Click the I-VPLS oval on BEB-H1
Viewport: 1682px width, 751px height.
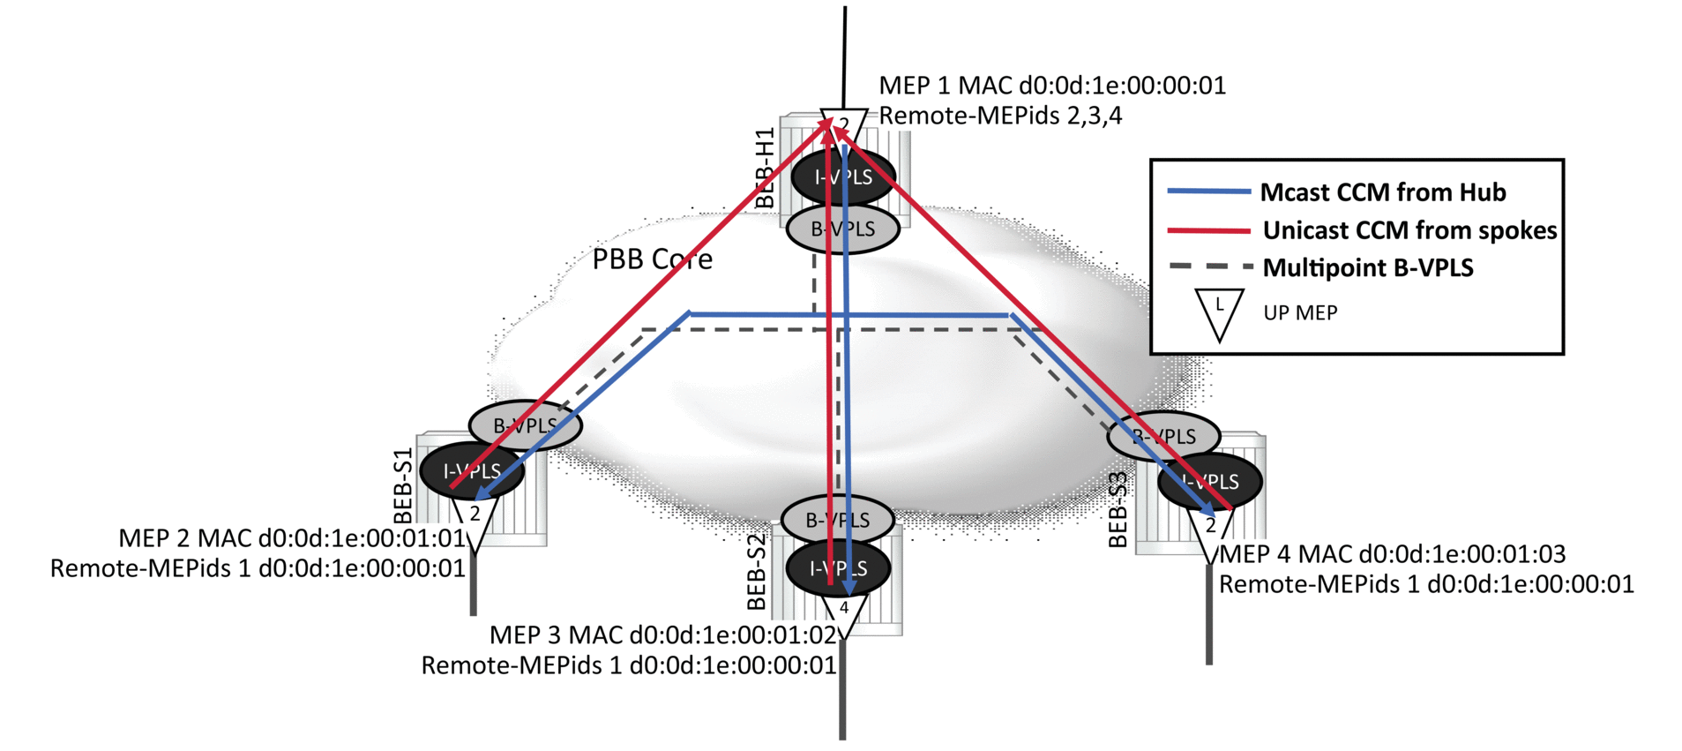[843, 176]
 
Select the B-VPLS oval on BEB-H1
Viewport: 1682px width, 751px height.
[842, 229]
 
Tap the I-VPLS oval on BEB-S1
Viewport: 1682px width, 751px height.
[472, 470]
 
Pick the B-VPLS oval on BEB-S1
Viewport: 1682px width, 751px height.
[525, 425]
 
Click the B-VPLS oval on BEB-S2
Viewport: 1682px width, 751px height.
[837, 520]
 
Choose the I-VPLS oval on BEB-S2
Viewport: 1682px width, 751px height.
[838, 568]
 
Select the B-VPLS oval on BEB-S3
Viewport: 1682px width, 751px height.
[1163, 436]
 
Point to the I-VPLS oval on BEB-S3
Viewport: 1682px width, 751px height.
[1210, 481]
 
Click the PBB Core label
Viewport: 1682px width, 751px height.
[652, 259]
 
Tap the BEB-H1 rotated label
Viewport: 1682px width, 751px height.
[765, 168]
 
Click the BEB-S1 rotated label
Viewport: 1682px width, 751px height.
[403, 486]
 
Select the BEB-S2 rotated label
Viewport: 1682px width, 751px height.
[757, 572]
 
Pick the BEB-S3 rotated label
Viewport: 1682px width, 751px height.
[1118, 510]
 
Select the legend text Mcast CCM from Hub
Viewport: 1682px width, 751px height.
[1382, 192]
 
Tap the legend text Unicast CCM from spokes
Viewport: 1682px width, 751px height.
[1409, 230]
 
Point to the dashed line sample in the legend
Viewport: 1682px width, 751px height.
[1209, 266]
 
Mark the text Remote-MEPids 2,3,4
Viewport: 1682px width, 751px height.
[1000, 116]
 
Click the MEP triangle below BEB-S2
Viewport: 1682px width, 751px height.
[844, 613]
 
